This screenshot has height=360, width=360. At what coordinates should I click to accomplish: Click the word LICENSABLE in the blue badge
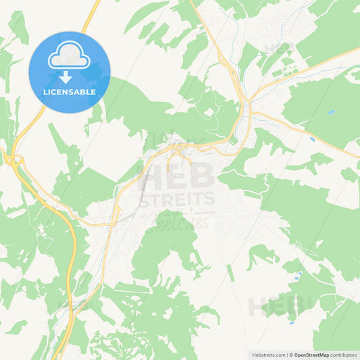[70, 91]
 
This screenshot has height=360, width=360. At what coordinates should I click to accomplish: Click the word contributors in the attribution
[343, 355]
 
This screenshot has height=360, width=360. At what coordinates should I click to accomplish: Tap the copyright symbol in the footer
[291, 355]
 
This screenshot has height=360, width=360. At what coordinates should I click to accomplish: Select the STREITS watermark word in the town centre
[177, 198]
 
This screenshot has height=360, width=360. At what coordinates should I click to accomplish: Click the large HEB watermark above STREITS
[177, 178]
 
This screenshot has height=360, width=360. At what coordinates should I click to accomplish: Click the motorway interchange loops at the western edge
[12, 160]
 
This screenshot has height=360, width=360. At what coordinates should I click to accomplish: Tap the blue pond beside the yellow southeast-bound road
[312, 138]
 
